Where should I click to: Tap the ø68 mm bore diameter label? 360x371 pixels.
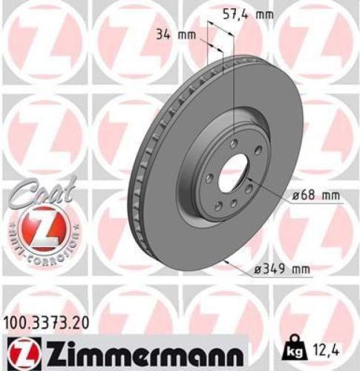[x=315, y=195]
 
